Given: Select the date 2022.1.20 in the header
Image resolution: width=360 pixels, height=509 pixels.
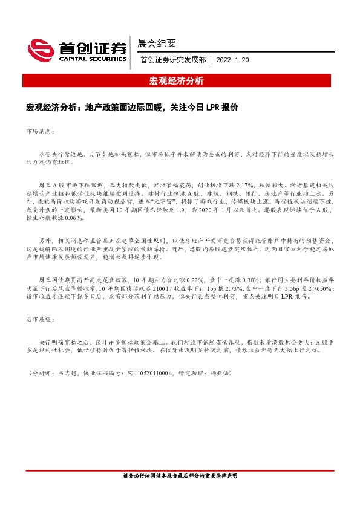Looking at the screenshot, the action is point(232,60).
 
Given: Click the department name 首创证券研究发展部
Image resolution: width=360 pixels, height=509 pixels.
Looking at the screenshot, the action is point(172,60).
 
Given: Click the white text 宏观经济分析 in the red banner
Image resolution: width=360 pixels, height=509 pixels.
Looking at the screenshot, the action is point(176,80).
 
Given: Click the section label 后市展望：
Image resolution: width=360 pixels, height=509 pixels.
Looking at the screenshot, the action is point(41,318).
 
